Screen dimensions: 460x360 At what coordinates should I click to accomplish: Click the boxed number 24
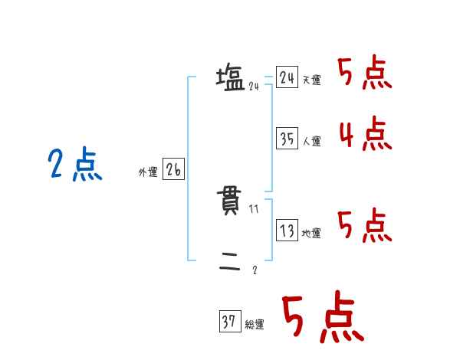click(287, 78)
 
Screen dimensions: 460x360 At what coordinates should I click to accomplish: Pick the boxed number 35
click(287, 139)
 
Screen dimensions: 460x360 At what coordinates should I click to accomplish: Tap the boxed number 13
click(287, 231)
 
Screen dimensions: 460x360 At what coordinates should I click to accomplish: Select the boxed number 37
click(229, 322)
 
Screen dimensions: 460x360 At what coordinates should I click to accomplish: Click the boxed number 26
click(173, 170)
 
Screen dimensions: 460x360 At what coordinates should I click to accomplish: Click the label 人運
click(311, 141)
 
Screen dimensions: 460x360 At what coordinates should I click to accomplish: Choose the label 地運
click(311, 234)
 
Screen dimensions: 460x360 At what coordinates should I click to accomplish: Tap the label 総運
click(255, 325)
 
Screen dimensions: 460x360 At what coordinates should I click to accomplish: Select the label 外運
click(148, 172)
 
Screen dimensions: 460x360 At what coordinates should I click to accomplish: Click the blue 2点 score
click(75, 165)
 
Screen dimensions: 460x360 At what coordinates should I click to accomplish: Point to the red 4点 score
click(365, 134)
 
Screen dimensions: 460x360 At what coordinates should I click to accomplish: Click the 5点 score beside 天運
click(365, 74)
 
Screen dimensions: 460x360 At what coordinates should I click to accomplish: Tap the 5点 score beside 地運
click(365, 226)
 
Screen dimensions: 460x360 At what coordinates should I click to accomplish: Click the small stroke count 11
click(254, 209)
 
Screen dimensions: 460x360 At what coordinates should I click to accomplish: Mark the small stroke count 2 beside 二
click(255, 270)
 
